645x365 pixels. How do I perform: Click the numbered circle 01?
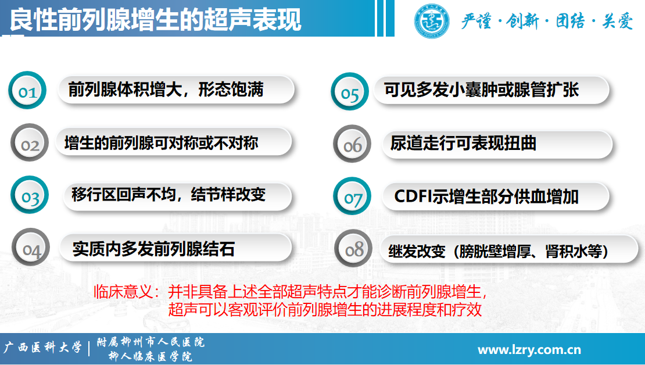point(27,90)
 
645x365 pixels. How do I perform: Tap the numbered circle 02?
point(30,142)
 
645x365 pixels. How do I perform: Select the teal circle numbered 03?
point(30,195)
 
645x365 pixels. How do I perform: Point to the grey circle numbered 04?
point(31,247)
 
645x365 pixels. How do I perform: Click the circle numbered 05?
point(350,91)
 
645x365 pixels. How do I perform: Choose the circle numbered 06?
point(352,144)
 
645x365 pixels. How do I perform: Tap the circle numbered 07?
point(352,196)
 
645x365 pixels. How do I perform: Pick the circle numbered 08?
point(353,248)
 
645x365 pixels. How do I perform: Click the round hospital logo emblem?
point(432,20)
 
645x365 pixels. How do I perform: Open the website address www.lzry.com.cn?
point(529,350)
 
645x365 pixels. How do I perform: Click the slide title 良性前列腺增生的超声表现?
point(156,20)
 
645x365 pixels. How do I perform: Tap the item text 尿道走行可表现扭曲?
point(463,143)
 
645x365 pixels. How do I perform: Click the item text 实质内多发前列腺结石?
point(154,249)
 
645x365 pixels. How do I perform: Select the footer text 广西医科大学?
point(43,348)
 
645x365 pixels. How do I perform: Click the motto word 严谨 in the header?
point(476,20)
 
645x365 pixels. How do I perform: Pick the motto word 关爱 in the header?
point(618,20)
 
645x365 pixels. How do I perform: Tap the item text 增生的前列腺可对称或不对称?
point(162,143)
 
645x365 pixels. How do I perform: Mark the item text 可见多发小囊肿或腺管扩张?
point(481,90)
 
